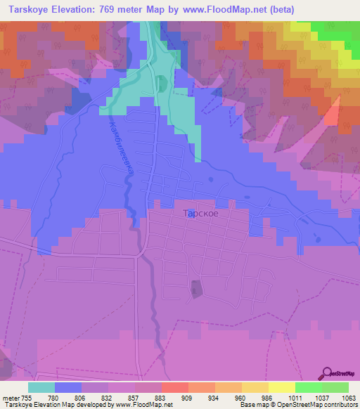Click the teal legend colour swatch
[41, 387]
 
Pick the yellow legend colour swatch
[282, 387]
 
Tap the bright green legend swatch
[309, 387]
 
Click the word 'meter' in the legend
[11, 397]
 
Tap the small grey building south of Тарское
[195, 288]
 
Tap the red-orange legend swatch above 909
[175, 387]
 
